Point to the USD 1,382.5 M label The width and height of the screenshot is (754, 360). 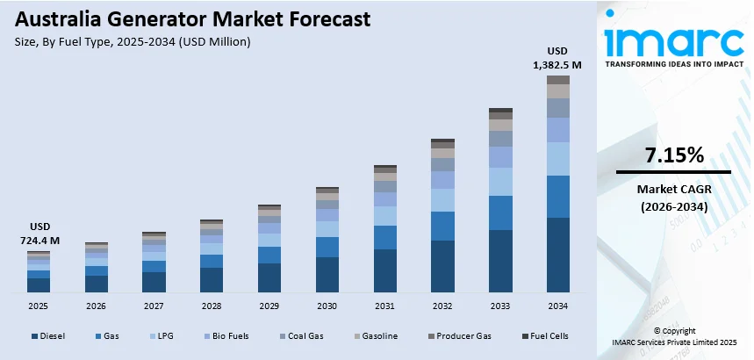coord(558,57)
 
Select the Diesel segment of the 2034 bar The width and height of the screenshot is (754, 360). coord(558,255)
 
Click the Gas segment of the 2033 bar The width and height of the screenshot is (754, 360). coord(500,212)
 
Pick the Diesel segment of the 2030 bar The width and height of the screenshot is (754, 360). coord(327,274)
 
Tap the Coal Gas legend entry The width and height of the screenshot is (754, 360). coord(305,336)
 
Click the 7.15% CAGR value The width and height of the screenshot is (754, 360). coord(674,156)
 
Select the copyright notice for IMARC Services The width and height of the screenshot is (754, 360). coord(674,336)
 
